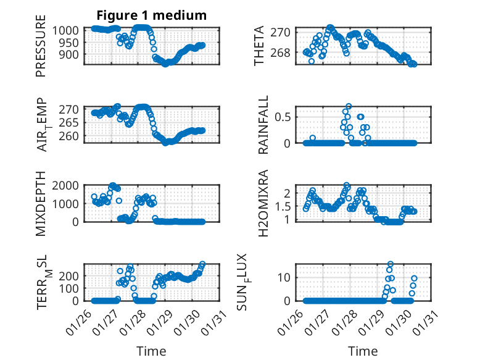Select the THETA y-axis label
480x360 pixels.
click(x=260, y=46)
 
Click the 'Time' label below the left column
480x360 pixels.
click(x=151, y=351)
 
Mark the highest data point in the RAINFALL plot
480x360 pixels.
click(x=349, y=106)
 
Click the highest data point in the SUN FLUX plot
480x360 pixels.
click(x=391, y=264)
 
